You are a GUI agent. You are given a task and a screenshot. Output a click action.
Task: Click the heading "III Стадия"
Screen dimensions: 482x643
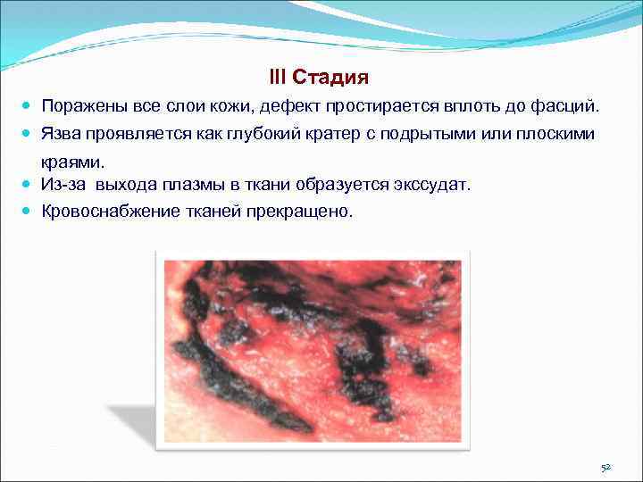point(318,78)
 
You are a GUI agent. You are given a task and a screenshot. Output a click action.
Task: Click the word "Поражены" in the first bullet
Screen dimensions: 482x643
point(78,106)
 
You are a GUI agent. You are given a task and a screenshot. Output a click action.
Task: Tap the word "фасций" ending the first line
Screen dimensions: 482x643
point(571,106)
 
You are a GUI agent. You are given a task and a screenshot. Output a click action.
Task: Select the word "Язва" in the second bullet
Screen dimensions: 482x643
point(61,133)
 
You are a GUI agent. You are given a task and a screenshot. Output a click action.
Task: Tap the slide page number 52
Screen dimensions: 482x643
point(605,467)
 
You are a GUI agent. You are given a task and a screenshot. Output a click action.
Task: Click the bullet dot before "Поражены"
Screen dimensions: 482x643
point(29,106)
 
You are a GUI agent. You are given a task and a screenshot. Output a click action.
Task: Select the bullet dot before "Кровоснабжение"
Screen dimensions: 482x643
point(29,212)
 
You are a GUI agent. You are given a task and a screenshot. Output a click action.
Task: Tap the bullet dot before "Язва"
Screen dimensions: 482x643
point(29,133)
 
